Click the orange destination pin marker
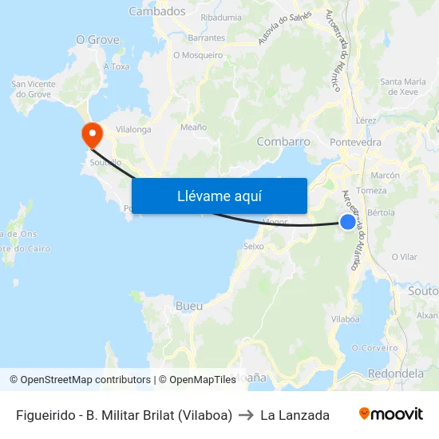pyautogui.click(x=92, y=133)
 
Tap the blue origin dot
pyautogui.click(x=348, y=222)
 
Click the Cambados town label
pyautogui.click(x=157, y=11)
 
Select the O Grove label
pyautogui.click(x=97, y=39)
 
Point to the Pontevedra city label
pyautogui.click(x=355, y=142)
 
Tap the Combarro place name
pyautogui.click(x=283, y=141)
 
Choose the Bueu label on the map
pyautogui.click(x=188, y=306)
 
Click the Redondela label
pyautogui.click(x=397, y=374)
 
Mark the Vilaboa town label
pyautogui.click(x=346, y=318)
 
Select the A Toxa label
pyautogui.click(x=116, y=66)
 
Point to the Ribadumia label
pyautogui.click(x=222, y=17)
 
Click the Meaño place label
pyautogui.click(x=194, y=127)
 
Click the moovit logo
pyautogui.click(x=391, y=414)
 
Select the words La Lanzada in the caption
pyautogui.click(x=295, y=415)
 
